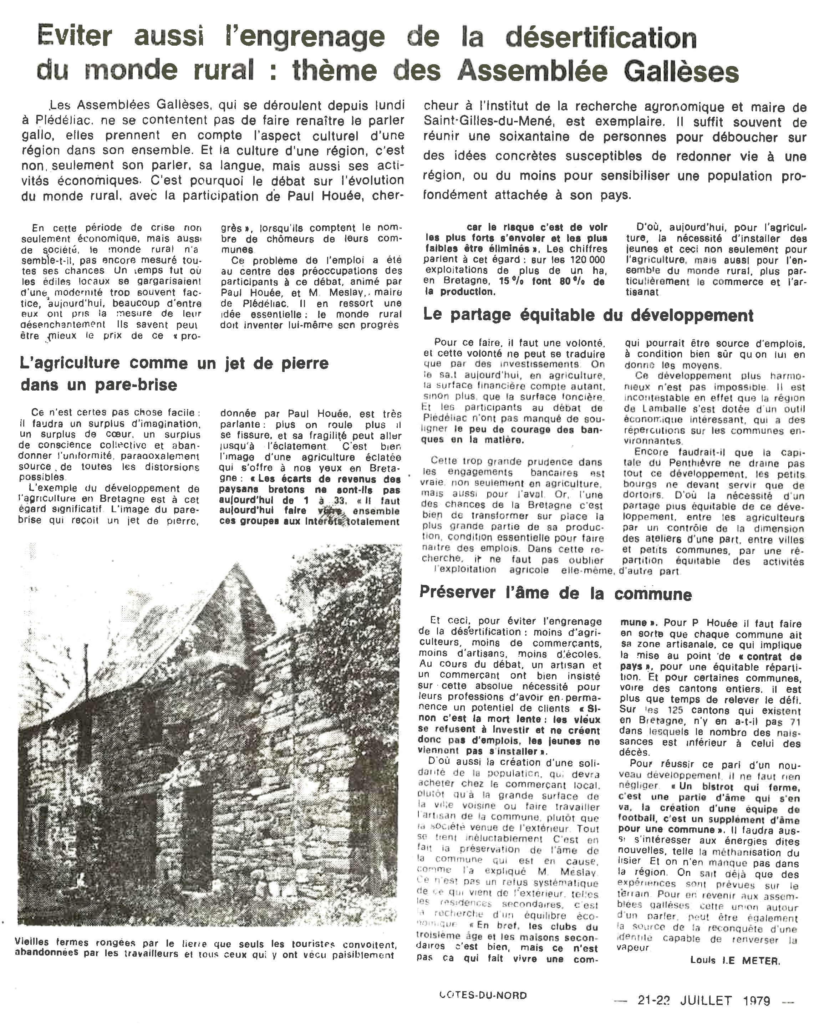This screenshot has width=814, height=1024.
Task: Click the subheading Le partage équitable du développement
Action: [588, 315]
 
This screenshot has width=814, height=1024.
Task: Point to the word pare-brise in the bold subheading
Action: [136, 385]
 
